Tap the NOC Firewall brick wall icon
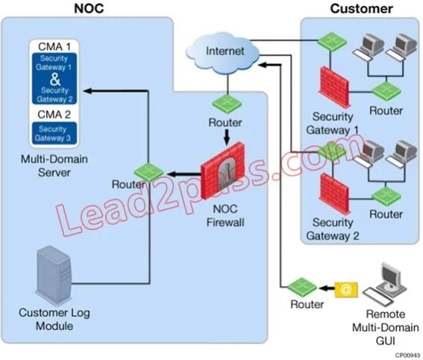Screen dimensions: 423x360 [x=223, y=171]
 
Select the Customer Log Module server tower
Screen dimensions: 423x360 [x=54, y=276]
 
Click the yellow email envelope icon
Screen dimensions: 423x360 [x=346, y=290]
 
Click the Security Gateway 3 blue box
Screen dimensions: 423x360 [x=54, y=134]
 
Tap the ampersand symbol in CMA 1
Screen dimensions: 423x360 [x=55, y=78]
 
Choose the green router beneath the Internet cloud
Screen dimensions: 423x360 [x=227, y=104]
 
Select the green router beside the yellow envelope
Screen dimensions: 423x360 [x=301, y=288]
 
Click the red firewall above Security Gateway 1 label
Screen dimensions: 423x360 [x=334, y=87]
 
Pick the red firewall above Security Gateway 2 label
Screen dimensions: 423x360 [x=334, y=193]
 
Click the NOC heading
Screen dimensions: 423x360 [x=89, y=8]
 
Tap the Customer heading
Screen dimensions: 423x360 [x=361, y=9]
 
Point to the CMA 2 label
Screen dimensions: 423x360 [x=54, y=114]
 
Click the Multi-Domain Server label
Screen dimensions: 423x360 [x=54, y=166]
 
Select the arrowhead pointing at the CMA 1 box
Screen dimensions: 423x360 [x=88, y=91]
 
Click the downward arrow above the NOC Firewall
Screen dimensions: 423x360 [x=227, y=137]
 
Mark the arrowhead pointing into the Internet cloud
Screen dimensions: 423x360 [x=262, y=65]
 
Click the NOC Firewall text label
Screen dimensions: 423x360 [x=225, y=216]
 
